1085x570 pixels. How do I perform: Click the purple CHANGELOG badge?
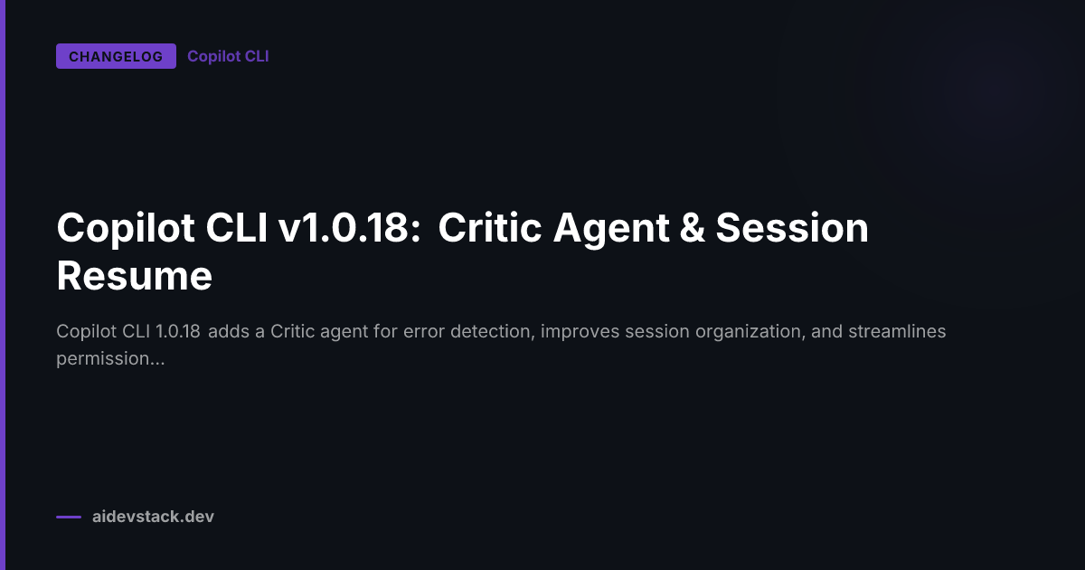pos(116,56)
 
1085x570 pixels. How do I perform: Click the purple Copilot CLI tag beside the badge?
pos(228,56)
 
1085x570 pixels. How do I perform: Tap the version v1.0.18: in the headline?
pos(351,228)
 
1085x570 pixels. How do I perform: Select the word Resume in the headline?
pos(134,275)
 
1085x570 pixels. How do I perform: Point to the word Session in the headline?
pos(792,228)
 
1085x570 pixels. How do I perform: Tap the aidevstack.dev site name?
pos(153,517)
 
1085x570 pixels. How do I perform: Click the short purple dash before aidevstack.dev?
pos(69,518)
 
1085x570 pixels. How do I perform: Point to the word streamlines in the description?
pos(897,331)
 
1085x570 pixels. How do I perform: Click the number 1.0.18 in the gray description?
pos(177,331)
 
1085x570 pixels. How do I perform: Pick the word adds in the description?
pos(231,331)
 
